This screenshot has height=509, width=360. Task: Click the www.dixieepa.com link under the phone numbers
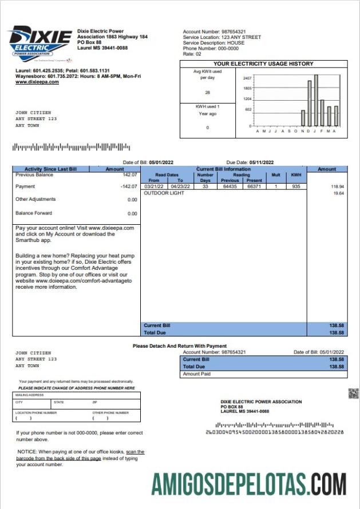pos(37,82)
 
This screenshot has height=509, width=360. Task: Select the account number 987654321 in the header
pos(234,31)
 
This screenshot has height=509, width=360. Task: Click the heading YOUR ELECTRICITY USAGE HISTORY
pos(263,64)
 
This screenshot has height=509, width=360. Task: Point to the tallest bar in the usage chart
pos(316,100)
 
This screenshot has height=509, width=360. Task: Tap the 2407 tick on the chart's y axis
pos(248,78)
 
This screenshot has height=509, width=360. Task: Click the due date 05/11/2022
pos(262,162)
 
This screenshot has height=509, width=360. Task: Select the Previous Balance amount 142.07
pos(128,175)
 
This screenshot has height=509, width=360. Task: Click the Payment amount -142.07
pos(127,186)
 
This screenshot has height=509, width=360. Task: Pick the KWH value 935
pos(296,186)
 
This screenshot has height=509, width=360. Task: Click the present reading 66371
pos(254,186)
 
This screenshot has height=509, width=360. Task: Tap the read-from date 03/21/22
pos(153,186)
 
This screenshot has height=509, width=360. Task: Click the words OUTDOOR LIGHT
pos(164,194)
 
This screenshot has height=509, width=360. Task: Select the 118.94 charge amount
pos(337,187)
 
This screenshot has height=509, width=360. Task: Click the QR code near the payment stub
pos(353,393)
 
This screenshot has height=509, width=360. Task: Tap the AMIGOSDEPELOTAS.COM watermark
pos(249,484)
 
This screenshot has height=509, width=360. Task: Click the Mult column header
pos(275,174)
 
